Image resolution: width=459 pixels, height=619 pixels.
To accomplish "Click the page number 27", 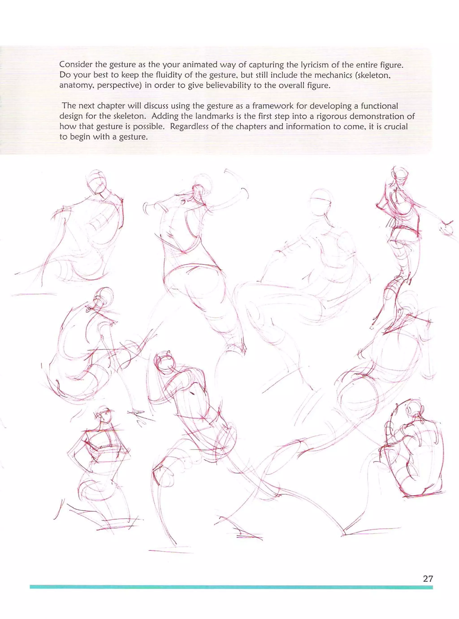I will click(428, 578).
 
